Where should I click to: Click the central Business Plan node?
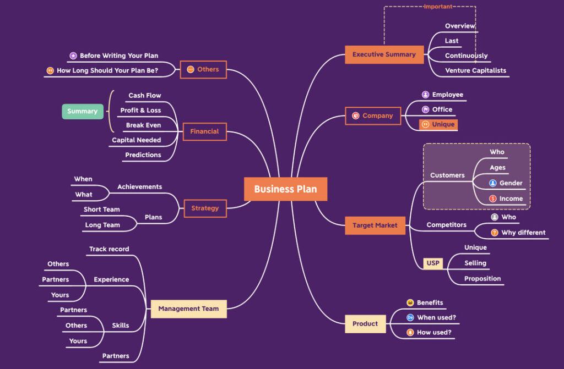(x=285, y=189)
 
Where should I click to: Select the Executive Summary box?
(x=384, y=54)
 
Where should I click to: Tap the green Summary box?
(x=82, y=111)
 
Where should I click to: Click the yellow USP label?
(x=433, y=263)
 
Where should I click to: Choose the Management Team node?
(x=188, y=309)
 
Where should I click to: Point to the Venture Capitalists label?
(x=475, y=70)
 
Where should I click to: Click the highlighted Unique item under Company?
(x=438, y=124)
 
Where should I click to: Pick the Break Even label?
(x=143, y=125)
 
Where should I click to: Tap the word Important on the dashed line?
(x=438, y=7)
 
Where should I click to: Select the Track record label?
(x=109, y=249)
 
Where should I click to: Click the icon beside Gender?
(x=493, y=183)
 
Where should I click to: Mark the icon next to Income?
(x=493, y=199)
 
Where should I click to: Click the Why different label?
(x=523, y=233)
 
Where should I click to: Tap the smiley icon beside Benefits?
(x=410, y=302)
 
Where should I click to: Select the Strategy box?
(x=205, y=208)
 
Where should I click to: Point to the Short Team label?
(x=101, y=210)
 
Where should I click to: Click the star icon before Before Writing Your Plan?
(x=73, y=56)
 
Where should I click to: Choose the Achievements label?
(x=139, y=187)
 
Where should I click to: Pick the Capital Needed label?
(x=136, y=140)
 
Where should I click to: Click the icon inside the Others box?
(x=190, y=69)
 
